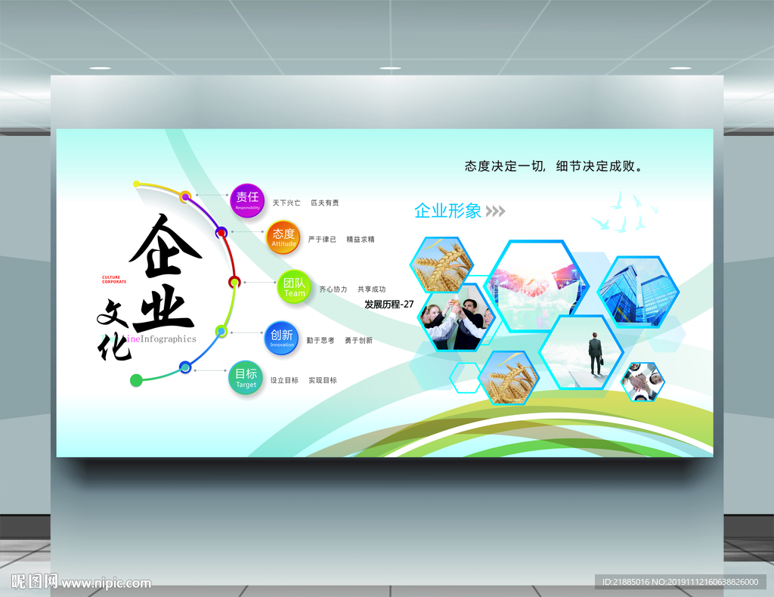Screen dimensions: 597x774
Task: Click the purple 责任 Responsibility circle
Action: (x=247, y=200)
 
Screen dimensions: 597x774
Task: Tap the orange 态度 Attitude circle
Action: (x=284, y=237)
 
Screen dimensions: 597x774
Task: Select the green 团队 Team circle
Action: (x=295, y=288)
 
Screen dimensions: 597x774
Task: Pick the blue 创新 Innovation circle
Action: (x=282, y=338)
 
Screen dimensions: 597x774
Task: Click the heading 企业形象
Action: (x=447, y=211)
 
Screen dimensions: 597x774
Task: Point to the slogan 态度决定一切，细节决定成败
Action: (x=555, y=166)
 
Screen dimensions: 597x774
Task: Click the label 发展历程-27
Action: (x=389, y=305)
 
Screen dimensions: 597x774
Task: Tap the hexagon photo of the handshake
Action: (x=537, y=286)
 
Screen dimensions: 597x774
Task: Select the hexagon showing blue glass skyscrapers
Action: (x=639, y=291)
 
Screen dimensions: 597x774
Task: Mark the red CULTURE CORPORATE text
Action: (x=114, y=280)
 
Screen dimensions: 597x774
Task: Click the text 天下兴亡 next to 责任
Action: (x=286, y=203)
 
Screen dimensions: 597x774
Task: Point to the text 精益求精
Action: (x=361, y=240)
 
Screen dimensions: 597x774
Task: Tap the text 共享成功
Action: (x=371, y=289)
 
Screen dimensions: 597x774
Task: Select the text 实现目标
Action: (x=323, y=381)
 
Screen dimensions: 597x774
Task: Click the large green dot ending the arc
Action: (x=136, y=380)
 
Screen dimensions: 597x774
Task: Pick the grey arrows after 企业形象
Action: (x=495, y=211)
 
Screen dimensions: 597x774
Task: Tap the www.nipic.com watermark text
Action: (x=106, y=583)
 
